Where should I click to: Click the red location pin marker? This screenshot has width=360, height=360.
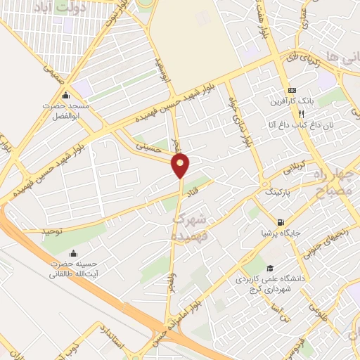[181, 165]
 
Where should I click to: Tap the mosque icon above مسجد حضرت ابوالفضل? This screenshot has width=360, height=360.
[66, 96]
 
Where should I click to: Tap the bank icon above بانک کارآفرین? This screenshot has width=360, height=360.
[293, 91]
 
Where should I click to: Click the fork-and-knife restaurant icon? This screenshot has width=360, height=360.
[300, 114]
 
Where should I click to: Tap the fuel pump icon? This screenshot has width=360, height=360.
[281, 221]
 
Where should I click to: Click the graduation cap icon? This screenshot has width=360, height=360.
[270, 268]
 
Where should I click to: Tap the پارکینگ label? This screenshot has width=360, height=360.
[277, 191]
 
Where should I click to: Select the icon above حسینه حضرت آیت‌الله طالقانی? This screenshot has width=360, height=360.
[75, 253]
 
